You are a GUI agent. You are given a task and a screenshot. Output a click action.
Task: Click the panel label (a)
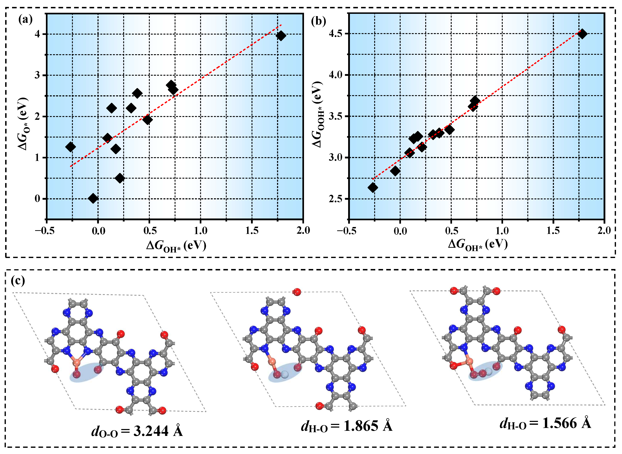25,20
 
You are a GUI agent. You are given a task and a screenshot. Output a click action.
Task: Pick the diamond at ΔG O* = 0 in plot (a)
93,198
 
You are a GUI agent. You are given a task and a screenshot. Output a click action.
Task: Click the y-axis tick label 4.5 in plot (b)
336,33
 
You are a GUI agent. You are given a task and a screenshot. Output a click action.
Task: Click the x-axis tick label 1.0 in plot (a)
200,231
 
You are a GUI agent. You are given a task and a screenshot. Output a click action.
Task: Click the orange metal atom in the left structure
77,363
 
